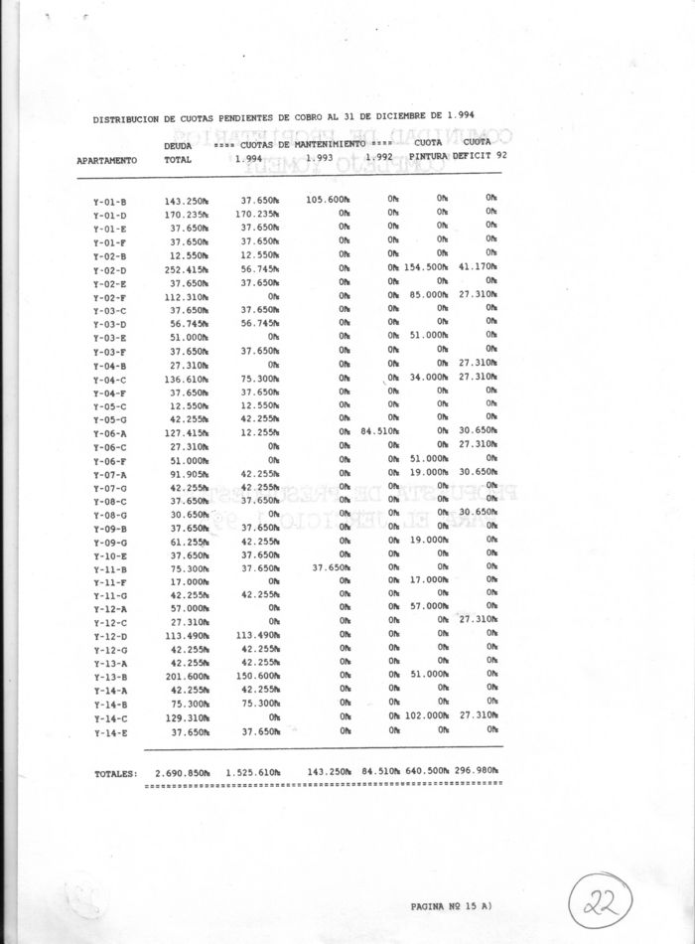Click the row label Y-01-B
click(102, 202)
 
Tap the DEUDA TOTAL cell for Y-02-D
click(186, 269)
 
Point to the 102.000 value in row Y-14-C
click(428, 715)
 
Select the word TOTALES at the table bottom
click(115, 772)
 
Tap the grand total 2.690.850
click(181, 771)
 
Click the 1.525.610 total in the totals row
click(254, 771)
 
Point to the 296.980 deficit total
click(480, 771)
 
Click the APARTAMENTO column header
click(106, 159)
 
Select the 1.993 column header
click(320, 156)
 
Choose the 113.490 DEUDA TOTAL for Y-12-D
click(186, 636)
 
